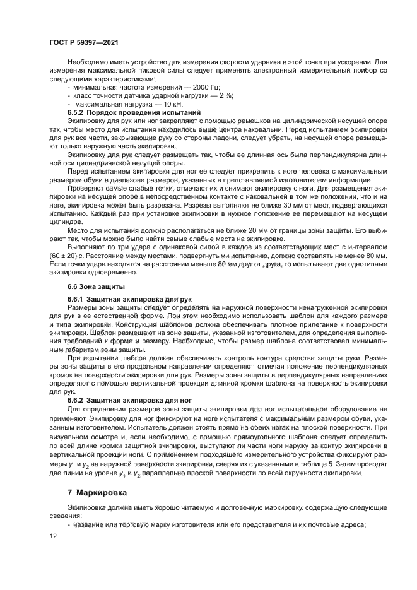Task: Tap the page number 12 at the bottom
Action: coord(52,536)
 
